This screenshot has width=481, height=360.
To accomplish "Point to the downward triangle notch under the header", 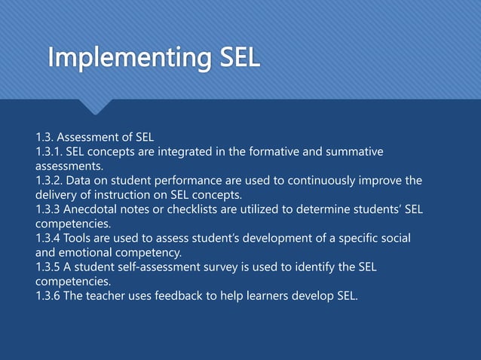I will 96,107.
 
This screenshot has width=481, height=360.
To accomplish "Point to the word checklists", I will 191,209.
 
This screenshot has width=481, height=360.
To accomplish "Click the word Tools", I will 83,238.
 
